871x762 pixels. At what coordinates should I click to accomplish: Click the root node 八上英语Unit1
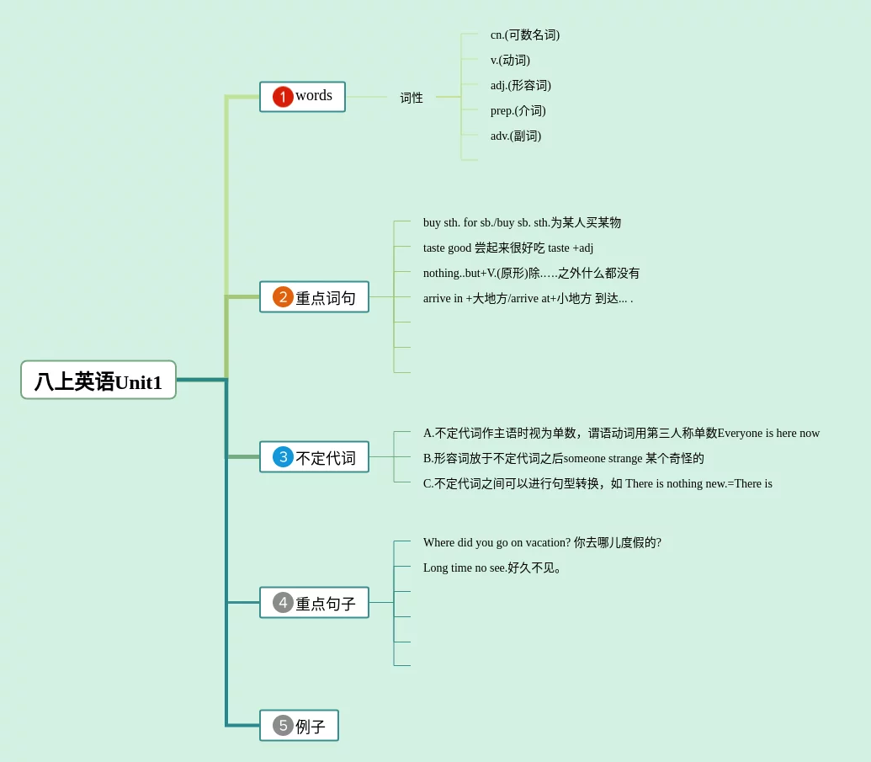click(98, 381)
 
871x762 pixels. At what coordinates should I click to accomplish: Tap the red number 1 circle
click(283, 97)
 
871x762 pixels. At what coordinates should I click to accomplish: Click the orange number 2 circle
click(283, 297)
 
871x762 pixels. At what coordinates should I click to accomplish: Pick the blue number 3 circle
click(283, 457)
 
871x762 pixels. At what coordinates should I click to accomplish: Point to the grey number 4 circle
click(283, 603)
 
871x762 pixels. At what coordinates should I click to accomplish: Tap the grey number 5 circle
click(283, 726)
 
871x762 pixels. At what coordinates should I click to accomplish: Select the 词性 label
click(412, 98)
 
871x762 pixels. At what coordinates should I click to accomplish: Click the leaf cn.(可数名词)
click(525, 35)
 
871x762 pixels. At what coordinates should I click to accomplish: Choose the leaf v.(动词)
click(510, 61)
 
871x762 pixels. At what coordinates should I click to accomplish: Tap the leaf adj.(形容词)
click(521, 86)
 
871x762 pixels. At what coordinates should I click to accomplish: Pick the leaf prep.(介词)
click(518, 111)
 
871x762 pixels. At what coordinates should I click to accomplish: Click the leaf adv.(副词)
click(516, 136)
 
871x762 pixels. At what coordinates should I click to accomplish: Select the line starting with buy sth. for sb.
click(522, 223)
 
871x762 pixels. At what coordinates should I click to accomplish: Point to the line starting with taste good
click(508, 248)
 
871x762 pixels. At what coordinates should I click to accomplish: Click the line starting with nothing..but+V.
click(531, 274)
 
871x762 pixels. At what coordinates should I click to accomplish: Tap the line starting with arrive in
click(528, 299)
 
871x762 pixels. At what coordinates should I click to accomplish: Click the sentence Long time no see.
click(493, 568)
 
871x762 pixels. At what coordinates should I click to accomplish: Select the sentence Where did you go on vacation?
click(542, 543)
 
